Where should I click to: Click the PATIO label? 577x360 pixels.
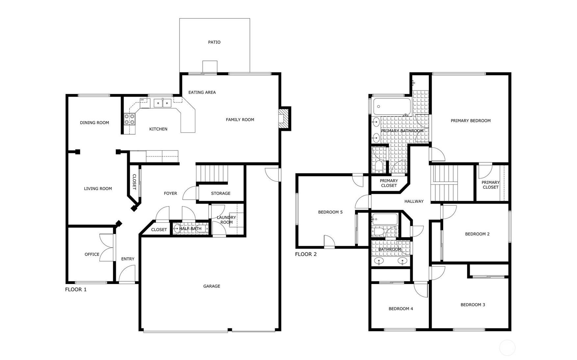point(214,42)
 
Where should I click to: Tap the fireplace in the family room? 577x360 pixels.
point(283,118)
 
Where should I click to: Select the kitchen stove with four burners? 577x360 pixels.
point(129,119)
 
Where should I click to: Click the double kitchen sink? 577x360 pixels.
point(163,103)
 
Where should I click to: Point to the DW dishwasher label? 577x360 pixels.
point(143,100)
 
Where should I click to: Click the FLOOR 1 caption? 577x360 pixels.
point(76,290)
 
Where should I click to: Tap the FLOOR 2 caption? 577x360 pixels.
point(306,254)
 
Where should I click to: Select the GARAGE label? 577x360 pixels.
point(212,286)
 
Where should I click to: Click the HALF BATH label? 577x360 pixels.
point(190,228)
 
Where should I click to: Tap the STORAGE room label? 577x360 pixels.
point(221,193)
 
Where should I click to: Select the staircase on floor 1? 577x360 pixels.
point(212,174)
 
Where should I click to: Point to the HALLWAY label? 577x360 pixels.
point(414,201)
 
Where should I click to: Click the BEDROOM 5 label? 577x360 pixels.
point(330,212)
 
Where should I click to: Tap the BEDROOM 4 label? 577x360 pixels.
point(401,309)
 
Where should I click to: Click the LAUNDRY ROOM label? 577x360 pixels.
point(226,220)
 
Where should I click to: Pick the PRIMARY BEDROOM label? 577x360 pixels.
point(470,121)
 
